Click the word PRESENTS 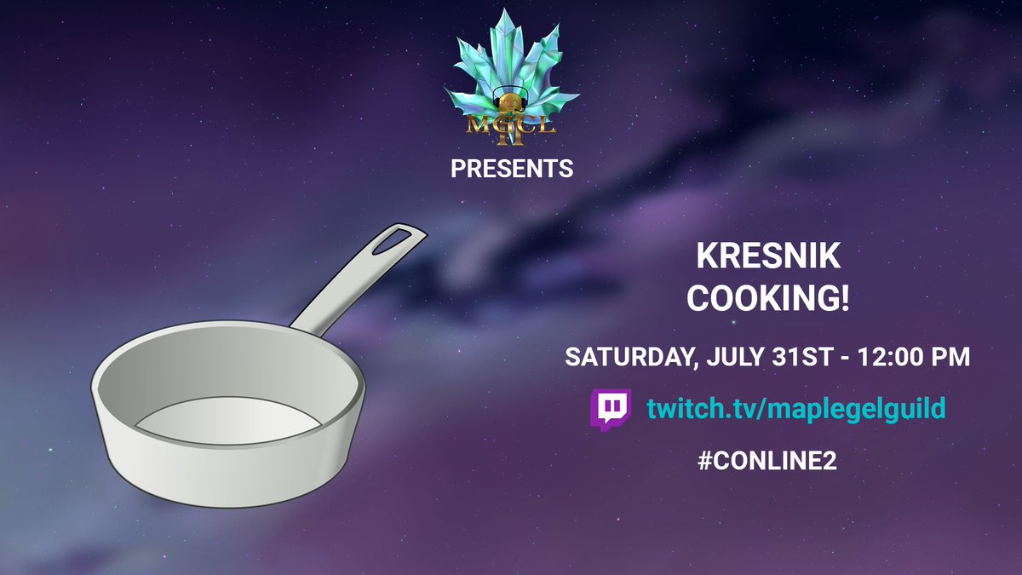click(x=512, y=170)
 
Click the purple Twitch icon click(x=610, y=410)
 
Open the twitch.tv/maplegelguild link click(x=795, y=410)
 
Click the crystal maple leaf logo click(x=512, y=64)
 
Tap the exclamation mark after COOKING click(x=846, y=301)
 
